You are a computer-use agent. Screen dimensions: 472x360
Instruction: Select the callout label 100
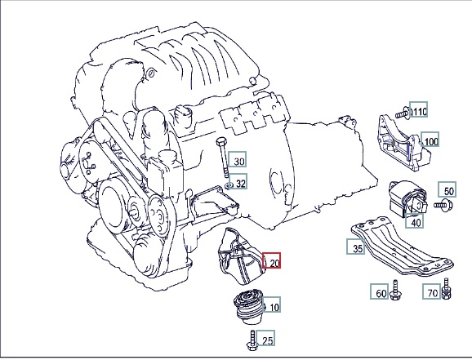[430, 140]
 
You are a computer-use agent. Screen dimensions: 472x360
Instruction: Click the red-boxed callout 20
[271, 260]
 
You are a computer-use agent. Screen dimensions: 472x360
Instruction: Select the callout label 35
[356, 247]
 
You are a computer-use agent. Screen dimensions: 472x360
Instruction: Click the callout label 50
[447, 189]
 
